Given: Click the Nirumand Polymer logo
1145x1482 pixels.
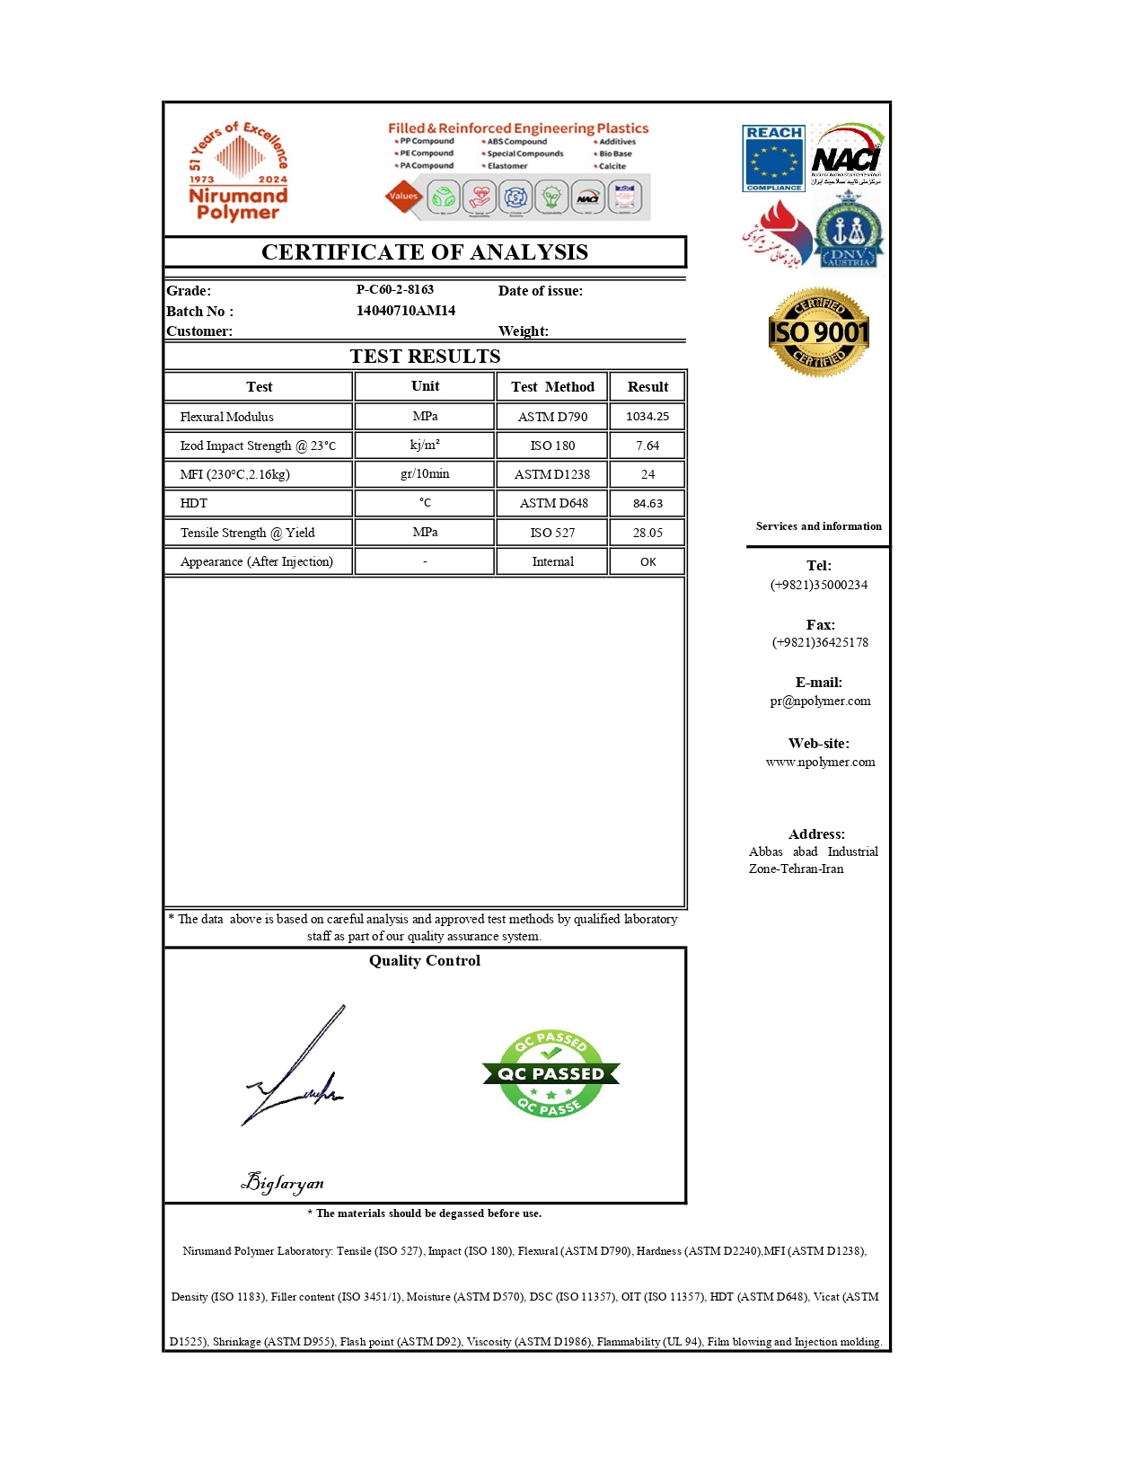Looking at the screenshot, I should [x=238, y=172].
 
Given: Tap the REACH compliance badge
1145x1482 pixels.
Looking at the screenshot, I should [x=773, y=158].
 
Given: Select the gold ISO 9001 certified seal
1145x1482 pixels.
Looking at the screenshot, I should [x=818, y=332].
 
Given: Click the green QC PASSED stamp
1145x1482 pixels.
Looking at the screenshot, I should [x=550, y=1073].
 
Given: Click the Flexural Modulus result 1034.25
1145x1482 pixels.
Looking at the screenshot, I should [x=647, y=417].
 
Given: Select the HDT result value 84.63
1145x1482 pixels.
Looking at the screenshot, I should [x=647, y=504].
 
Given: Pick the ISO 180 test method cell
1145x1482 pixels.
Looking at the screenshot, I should [x=552, y=445].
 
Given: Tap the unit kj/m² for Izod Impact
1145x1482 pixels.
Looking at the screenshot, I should [x=425, y=445].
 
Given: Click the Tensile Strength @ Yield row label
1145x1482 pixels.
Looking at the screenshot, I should [x=248, y=533].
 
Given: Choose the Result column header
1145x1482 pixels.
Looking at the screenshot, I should [x=647, y=387].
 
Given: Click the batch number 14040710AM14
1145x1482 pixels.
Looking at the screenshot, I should [x=406, y=311].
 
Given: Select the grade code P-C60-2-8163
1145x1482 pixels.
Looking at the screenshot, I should [x=395, y=290].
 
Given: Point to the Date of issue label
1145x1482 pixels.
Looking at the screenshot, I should [x=541, y=291].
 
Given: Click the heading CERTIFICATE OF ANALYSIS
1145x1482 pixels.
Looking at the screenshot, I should [x=425, y=252].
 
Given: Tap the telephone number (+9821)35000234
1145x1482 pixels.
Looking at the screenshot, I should [x=819, y=585].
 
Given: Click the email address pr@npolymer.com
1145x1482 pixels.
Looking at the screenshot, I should [x=820, y=701].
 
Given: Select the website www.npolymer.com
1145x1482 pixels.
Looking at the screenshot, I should [x=820, y=763].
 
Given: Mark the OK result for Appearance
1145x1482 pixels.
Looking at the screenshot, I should [x=647, y=562].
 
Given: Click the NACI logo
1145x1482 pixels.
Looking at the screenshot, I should [x=847, y=156].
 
